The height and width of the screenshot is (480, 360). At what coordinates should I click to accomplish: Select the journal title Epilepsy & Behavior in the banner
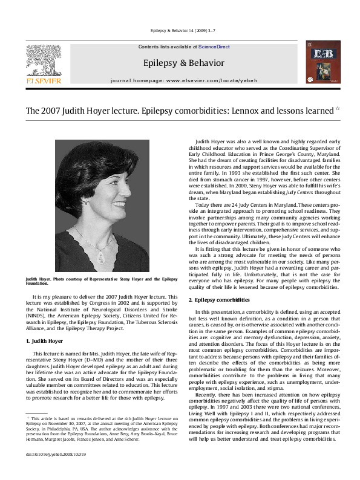point(183,63)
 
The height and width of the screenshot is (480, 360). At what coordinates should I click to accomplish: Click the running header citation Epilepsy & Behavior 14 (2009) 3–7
point(180,30)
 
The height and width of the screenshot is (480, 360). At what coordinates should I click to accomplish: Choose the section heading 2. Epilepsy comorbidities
point(218,300)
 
